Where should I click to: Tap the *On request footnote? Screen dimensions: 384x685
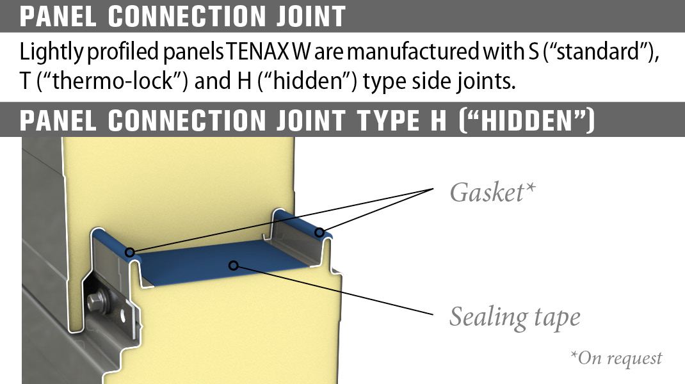(x=616, y=358)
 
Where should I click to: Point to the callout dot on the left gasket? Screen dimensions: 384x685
(x=130, y=252)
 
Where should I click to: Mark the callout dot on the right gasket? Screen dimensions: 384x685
(x=318, y=234)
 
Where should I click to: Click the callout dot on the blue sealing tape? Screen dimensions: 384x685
(x=234, y=264)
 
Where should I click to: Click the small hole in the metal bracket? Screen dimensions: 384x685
(x=124, y=314)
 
